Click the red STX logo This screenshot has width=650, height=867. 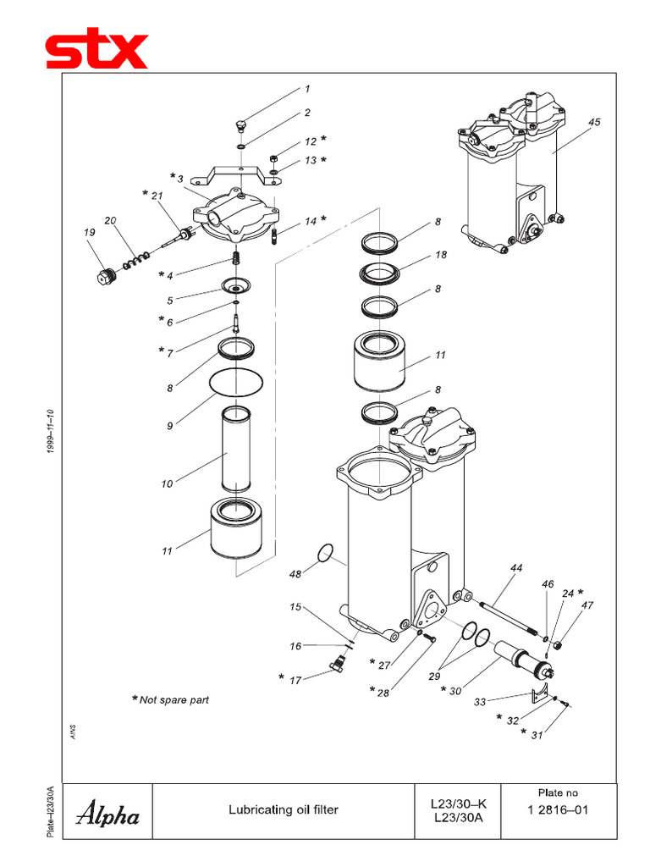96,51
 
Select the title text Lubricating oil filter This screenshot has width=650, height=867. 283,810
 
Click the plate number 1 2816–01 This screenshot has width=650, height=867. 558,810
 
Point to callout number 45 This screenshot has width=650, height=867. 594,122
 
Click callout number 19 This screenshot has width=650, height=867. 89,232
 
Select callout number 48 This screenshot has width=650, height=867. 295,574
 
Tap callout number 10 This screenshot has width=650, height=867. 167,484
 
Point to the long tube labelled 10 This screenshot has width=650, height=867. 236,450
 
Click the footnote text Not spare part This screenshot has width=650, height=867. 174,700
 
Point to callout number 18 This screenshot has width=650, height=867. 441,255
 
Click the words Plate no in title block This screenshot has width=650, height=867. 558,792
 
